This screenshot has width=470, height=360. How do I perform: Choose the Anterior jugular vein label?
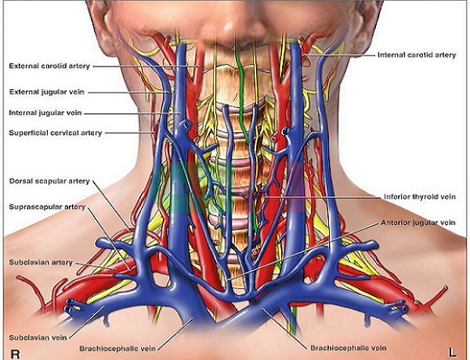(417, 222)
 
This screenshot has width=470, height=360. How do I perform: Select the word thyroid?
(421, 196)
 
